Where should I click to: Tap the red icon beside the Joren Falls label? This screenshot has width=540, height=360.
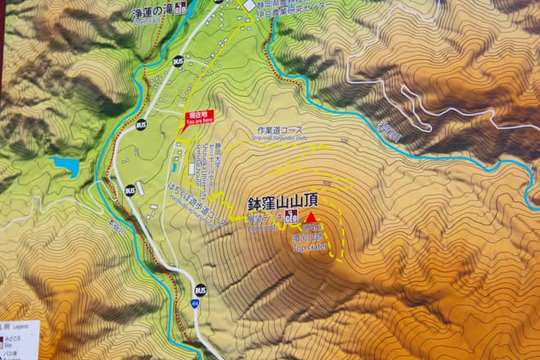tap(179, 10)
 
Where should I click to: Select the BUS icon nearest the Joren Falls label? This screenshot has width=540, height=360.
tap(178, 61)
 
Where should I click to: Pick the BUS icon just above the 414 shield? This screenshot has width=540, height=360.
tap(200, 290)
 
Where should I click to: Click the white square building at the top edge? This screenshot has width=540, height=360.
tap(249, 6)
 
